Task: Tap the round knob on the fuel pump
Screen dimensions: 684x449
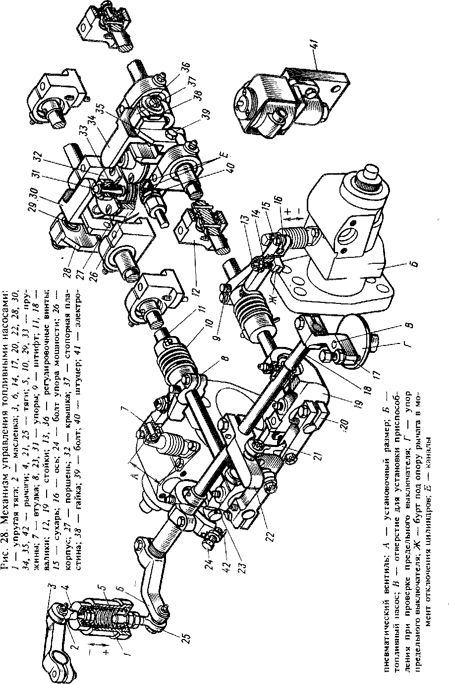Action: pyautogui.click(x=369, y=174)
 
